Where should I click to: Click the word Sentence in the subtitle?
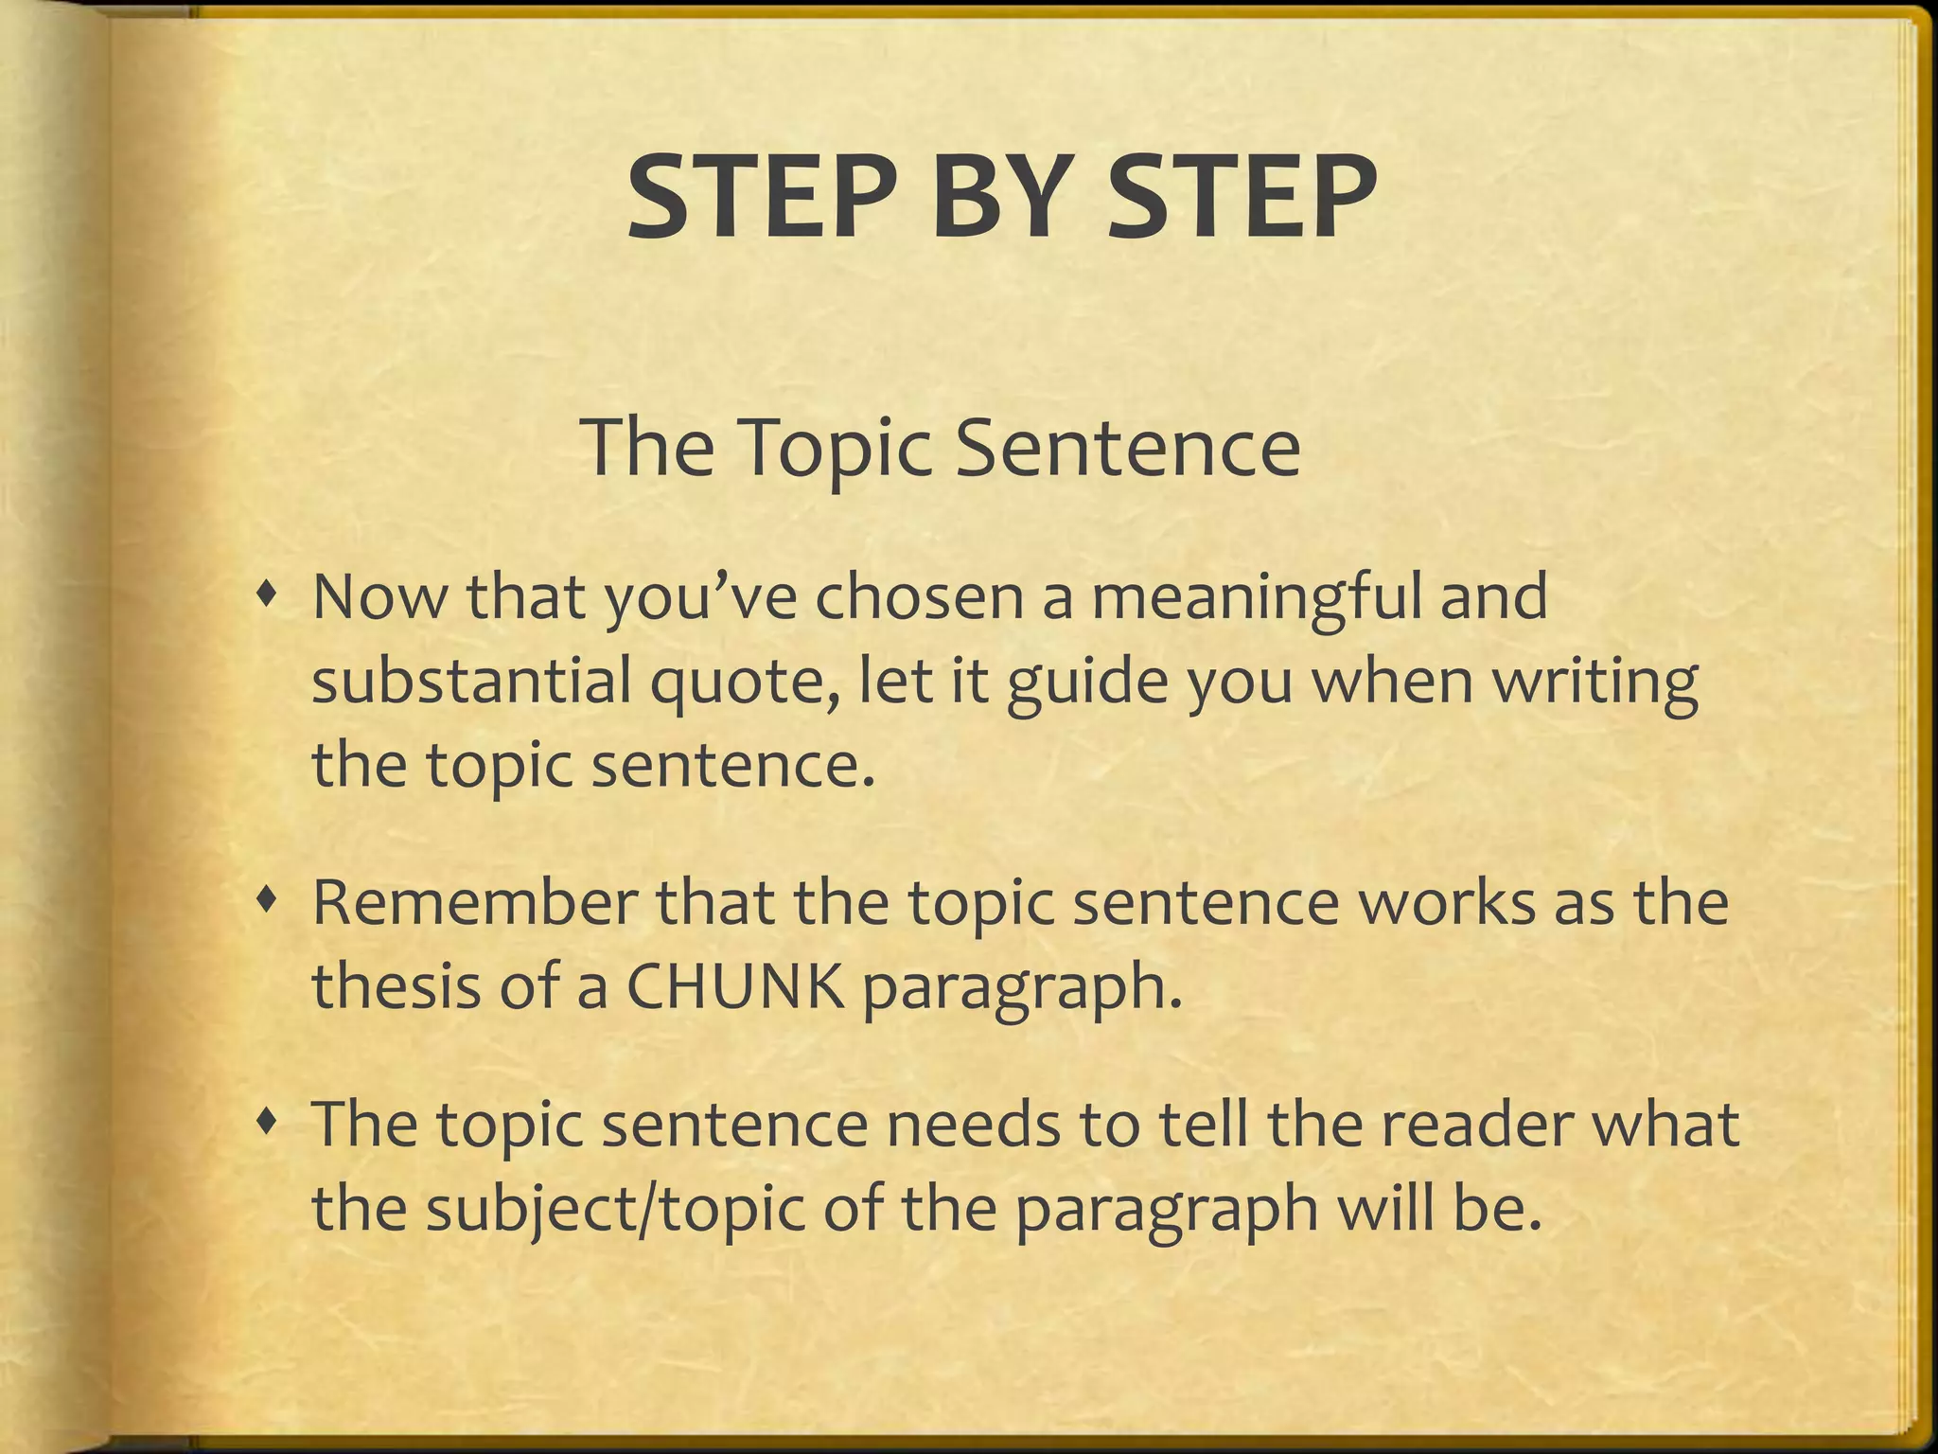click(x=1128, y=446)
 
